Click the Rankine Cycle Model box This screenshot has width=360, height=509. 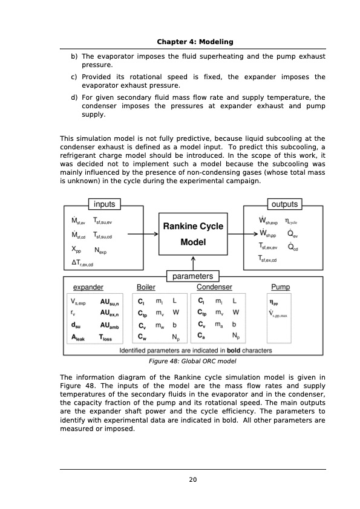(193, 235)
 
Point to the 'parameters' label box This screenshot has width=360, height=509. (192, 276)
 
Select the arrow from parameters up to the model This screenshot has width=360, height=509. (193, 262)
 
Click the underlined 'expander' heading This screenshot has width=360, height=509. (88, 288)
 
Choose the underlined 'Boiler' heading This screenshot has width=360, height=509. (146, 288)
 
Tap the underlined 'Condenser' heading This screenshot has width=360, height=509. (214, 288)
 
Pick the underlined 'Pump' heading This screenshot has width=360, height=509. (281, 288)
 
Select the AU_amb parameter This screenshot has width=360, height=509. (110, 326)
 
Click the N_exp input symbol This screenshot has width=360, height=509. (102, 249)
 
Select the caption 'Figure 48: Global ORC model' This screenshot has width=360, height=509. (192, 361)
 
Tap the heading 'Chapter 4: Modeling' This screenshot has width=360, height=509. (192, 41)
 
